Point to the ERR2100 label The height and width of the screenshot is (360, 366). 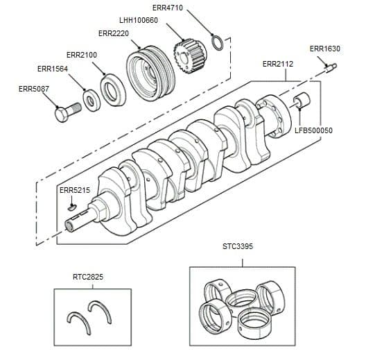[x=81, y=54]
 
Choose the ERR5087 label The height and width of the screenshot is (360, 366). [x=33, y=89]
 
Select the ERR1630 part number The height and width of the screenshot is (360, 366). [x=325, y=49]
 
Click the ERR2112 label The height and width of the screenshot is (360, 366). [x=278, y=64]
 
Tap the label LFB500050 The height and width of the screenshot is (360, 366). [x=314, y=130]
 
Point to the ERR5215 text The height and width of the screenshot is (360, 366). [x=75, y=190]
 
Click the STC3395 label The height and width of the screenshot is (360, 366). [x=238, y=246]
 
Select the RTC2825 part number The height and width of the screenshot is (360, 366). [x=88, y=276]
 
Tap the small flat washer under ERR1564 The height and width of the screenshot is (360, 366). [x=91, y=101]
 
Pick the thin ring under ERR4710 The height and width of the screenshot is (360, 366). [x=216, y=43]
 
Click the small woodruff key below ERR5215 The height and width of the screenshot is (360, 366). [x=71, y=205]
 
